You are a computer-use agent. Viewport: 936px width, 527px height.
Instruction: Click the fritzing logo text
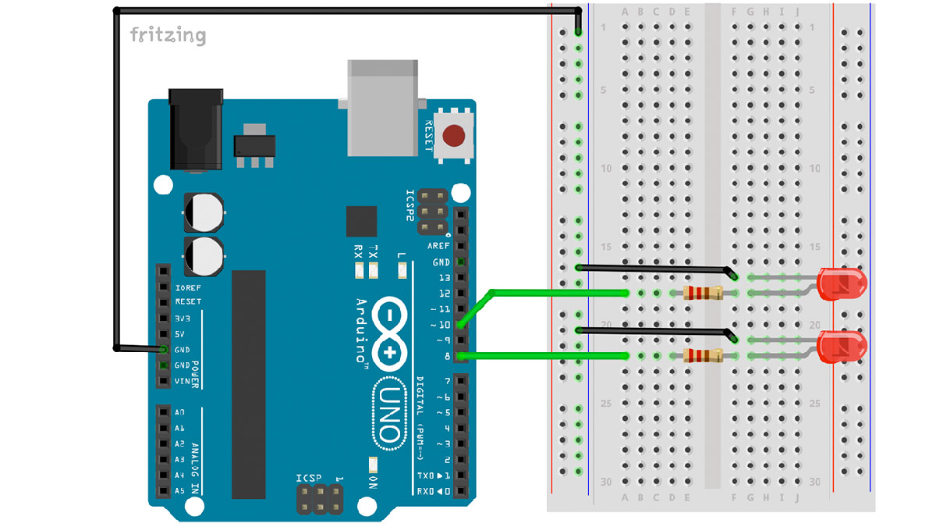(x=168, y=35)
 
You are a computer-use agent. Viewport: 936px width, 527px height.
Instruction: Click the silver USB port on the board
(x=382, y=105)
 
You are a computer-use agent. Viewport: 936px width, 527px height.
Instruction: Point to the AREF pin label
(x=438, y=246)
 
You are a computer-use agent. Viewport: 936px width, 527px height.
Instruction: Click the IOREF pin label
(x=188, y=287)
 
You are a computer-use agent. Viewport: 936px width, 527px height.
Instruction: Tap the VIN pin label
(x=183, y=381)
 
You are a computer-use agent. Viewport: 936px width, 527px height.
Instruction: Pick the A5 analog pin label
(x=180, y=491)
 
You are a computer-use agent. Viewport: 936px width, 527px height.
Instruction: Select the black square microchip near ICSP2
(x=362, y=221)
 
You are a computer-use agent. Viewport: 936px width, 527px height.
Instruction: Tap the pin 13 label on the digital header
(x=444, y=278)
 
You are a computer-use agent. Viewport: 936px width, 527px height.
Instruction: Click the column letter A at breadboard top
(x=624, y=12)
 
